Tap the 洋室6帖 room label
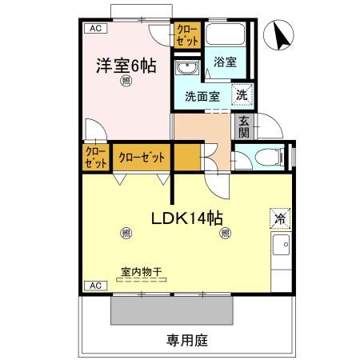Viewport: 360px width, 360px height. coord(126,66)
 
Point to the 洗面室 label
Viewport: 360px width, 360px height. coord(202,97)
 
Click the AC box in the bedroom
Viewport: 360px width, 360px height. coord(95,29)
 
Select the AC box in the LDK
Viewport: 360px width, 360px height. coord(95,286)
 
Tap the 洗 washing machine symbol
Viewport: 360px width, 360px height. coord(241,94)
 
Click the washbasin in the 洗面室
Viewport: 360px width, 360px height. coord(190,67)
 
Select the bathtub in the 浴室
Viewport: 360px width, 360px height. coord(225,37)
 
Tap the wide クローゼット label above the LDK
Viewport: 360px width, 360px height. coord(142,157)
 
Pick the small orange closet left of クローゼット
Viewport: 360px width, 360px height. coord(95,157)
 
